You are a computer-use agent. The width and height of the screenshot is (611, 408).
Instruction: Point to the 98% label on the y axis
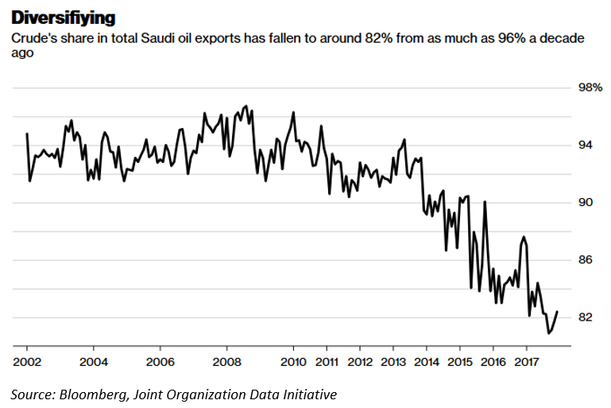click(588, 87)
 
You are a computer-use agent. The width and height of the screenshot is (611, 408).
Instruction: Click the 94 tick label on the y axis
click(585, 145)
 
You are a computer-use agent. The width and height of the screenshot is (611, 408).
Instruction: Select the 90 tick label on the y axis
click(585, 203)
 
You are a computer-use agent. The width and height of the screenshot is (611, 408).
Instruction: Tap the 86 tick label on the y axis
click(585, 260)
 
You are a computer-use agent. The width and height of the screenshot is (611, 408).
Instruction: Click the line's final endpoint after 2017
click(557, 312)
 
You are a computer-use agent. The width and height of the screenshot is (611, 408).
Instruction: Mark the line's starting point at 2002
click(27, 134)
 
